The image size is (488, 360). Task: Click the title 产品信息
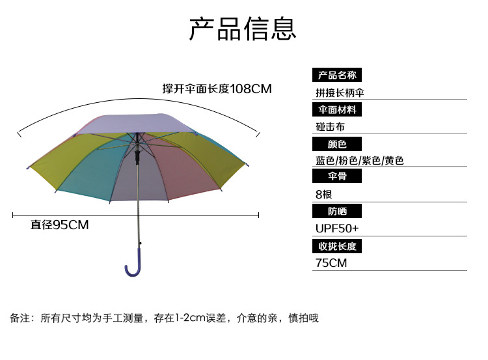tap(243, 29)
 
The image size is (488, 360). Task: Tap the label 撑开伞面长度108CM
tap(217, 89)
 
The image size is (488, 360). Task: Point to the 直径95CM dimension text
tap(59, 225)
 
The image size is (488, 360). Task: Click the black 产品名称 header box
tap(337, 75)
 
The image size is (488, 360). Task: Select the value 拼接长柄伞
tap(340, 92)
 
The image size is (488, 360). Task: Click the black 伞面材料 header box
tap(337, 109)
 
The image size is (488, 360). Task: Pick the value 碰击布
tap(330, 127)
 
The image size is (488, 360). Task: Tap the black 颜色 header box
tap(337, 144)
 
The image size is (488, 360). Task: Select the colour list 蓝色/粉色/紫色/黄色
tap(359, 161)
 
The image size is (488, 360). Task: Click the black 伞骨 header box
tap(337, 176)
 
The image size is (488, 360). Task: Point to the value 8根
tap(323, 195)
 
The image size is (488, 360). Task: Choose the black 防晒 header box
tap(337, 211)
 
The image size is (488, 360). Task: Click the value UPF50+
tap(337, 228)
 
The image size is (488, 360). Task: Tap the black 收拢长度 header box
tap(337, 246)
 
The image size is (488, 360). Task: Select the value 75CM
tap(331, 263)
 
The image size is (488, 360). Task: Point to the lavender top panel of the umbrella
tap(137, 123)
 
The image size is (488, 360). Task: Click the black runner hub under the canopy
tap(137, 157)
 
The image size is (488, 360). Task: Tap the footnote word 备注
tap(20, 318)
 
